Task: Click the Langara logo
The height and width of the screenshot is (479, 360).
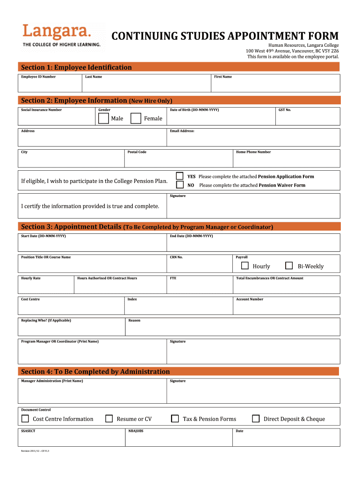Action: pos(61,35)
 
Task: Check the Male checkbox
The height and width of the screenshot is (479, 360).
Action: pos(103,118)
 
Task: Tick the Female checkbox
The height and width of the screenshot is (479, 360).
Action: pos(136,118)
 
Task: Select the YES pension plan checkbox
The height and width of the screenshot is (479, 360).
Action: pos(180,176)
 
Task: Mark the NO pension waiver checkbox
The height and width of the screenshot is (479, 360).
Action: pos(180,185)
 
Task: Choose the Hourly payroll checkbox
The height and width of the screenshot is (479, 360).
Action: pos(245,266)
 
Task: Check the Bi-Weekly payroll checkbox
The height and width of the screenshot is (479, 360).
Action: pos(289,266)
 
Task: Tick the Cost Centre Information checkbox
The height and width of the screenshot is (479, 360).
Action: pos(25,419)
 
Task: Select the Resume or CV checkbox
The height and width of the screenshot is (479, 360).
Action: pos(109,419)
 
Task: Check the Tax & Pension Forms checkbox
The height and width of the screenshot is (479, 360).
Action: pos(175,419)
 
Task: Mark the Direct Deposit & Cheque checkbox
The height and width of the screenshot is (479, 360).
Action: pos(256,419)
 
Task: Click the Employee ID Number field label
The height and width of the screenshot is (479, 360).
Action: pos(38,77)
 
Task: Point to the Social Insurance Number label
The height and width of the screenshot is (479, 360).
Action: pos(41,110)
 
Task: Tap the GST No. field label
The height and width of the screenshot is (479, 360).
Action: pos(285,110)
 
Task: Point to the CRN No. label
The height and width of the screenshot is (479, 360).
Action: pos(176,257)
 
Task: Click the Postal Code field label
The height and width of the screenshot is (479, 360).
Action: pos(137,152)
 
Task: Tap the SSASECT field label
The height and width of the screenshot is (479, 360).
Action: pos(28,431)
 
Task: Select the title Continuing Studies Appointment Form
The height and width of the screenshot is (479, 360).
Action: pos(224,36)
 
